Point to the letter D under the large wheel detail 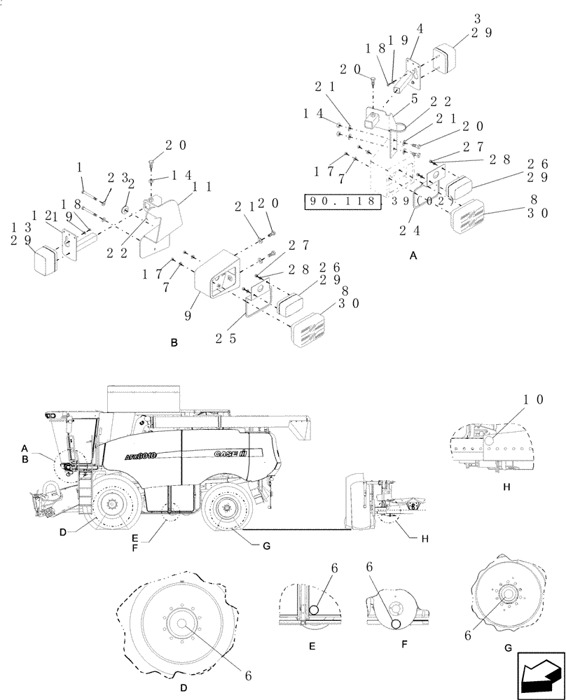coord(183,688)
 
